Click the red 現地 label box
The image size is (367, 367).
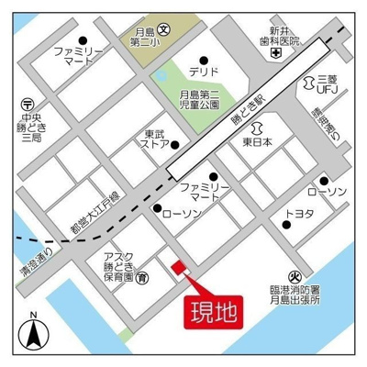coord(214,309)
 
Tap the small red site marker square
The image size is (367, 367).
coord(178,267)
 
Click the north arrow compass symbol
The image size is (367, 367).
coord(34,331)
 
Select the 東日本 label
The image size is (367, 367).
coord(258,143)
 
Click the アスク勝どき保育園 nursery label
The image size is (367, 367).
coord(117,265)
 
